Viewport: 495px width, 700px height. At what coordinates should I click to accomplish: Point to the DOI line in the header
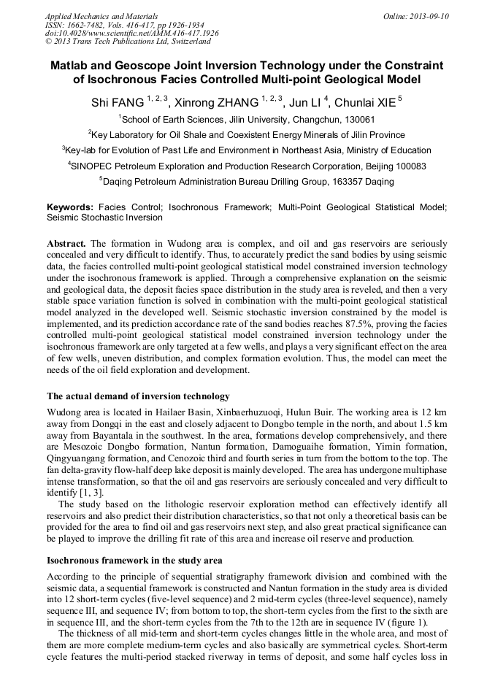(132, 33)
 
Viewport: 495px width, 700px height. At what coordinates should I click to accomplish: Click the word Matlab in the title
(72, 66)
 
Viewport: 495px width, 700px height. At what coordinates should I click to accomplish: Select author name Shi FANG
(118, 102)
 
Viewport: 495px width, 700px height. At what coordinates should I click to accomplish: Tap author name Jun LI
(300, 102)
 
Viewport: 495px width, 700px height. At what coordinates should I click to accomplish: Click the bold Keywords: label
(70, 207)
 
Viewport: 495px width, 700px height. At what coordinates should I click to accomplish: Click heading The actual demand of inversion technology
(138, 396)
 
